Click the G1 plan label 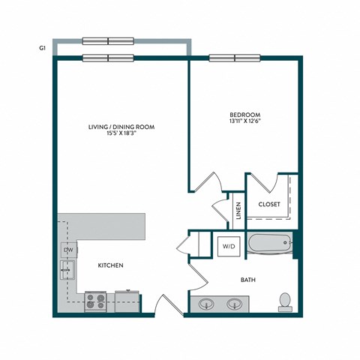coord(43,46)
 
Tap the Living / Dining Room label coord(121,127)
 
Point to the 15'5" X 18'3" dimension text coord(121,135)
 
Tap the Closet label coord(269,204)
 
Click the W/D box coord(227,245)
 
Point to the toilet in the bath coord(284,301)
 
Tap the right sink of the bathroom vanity coord(235,304)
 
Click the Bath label coord(248,280)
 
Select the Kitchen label coord(110,265)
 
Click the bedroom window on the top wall coord(235,58)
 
